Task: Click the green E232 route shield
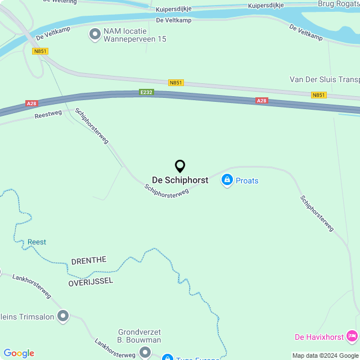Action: point(146,92)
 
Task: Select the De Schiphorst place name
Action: point(180,180)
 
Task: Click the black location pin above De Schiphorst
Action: point(180,166)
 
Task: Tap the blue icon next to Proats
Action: point(227,180)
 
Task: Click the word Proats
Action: point(247,181)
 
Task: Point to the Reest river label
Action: point(37,242)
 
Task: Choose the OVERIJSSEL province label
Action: point(91,280)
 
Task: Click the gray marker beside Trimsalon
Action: point(64,316)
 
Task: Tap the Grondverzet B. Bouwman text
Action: point(139,336)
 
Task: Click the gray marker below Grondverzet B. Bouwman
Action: point(145,352)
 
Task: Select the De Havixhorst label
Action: point(319,337)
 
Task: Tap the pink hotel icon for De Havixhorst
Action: point(352,336)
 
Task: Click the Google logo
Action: point(19,353)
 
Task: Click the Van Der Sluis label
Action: point(324,79)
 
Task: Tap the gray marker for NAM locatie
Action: point(94,35)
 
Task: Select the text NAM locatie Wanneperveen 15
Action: point(135,35)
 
